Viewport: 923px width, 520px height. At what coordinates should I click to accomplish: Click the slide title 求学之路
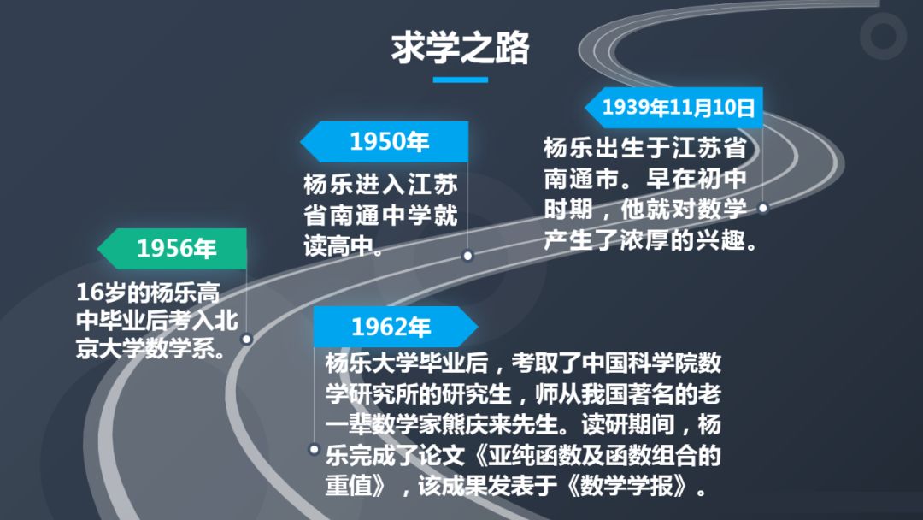click(461, 48)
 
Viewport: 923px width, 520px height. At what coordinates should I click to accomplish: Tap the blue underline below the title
click(461, 80)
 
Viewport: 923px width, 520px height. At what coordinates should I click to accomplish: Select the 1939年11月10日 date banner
click(674, 107)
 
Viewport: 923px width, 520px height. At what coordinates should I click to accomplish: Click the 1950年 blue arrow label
click(385, 141)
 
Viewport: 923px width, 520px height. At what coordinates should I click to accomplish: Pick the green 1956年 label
click(172, 249)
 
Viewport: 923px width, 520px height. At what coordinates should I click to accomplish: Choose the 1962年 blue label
click(395, 326)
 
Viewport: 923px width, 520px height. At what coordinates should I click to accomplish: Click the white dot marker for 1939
click(763, 208)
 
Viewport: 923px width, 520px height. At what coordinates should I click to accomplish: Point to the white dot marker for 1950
click(468, 256)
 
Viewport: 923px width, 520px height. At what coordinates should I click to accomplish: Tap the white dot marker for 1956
click(247, 340)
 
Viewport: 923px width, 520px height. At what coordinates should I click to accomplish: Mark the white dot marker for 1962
click(315, 450)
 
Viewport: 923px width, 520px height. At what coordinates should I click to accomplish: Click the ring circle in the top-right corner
click(883, 36)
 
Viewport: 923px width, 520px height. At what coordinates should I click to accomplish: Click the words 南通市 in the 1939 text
click(581, 179)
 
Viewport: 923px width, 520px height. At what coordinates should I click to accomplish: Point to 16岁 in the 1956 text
click(100, 292)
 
